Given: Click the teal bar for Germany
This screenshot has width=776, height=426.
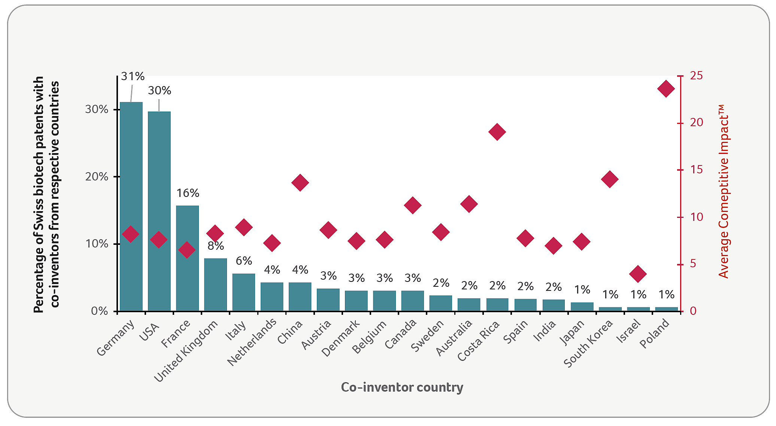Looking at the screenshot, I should [131, 206].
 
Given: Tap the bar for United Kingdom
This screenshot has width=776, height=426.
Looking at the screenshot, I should [215, 284].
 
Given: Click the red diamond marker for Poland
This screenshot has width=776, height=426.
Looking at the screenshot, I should [666, 89].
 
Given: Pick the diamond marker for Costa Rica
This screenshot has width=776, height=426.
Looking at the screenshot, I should [497, 132].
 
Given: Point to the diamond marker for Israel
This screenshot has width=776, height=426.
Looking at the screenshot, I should [638, 274].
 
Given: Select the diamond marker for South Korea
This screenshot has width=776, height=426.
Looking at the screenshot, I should [609, 179].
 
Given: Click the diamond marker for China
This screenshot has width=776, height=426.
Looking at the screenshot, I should [300, 183].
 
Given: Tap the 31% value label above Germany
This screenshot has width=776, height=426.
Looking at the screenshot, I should [133, 76].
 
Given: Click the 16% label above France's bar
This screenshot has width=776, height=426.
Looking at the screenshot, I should [188, 193].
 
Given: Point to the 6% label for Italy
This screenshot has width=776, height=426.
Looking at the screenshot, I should [244, 261].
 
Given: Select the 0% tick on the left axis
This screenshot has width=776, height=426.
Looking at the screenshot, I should [100, 311].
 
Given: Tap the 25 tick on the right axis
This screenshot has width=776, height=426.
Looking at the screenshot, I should [696, 76].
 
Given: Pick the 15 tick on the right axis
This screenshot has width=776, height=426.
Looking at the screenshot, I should [696, 170].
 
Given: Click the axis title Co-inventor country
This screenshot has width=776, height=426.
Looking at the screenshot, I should [402, 387].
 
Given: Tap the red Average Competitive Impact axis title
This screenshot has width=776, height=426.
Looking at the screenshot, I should [724, 191].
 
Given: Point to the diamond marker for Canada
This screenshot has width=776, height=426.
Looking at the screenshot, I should [413, 205].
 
